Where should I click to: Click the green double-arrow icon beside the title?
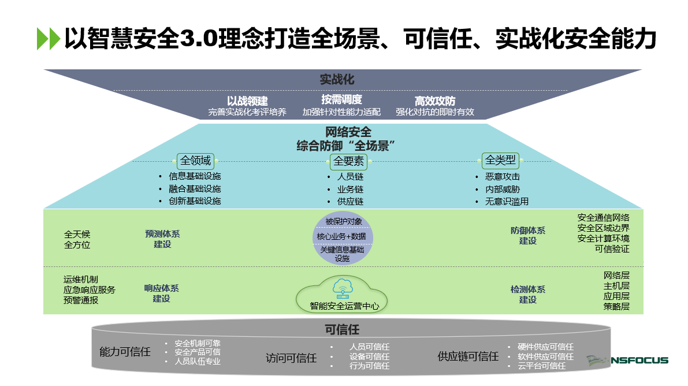[x=48, y=39]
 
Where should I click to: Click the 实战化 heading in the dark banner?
[x=337, y=79]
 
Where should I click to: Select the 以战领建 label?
[x=247, y=101]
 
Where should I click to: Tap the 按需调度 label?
[x=341, y=99]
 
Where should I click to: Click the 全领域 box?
[x=196, y=161]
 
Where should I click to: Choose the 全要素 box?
[x=349, y=161]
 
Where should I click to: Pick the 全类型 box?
[x=500, y=160]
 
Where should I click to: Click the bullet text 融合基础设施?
[x=195, y=189]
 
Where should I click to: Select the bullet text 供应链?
[x=350, y=202]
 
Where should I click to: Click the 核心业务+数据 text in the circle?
[x=341, y=236]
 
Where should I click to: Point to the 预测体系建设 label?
[x=162, y=239]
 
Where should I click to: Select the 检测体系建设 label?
[x=527, y=295]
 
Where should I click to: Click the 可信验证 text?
[x=612, y=249]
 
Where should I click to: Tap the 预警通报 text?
[x=81, y=300]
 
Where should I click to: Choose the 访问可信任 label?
[x=291, y=358]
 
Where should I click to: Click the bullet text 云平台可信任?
[x=541, y=366]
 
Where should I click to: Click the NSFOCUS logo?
[x=627, y=360]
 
